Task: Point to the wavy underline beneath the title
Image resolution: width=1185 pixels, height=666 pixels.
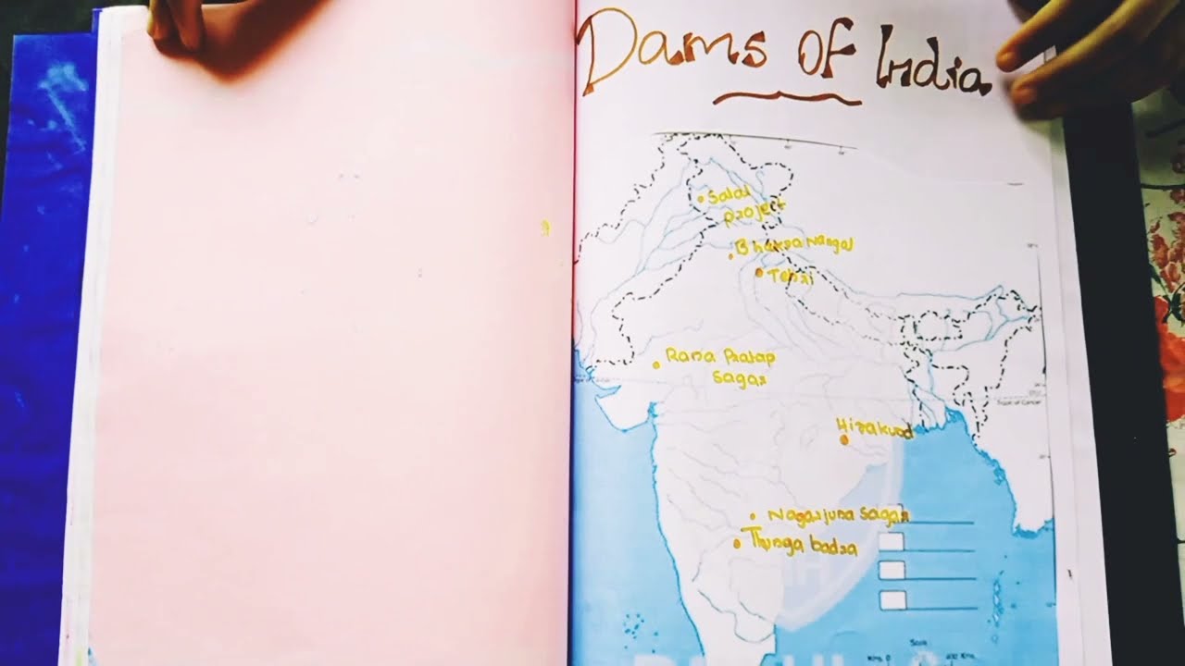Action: [774, 97]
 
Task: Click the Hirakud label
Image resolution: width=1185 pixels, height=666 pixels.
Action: [874, 428]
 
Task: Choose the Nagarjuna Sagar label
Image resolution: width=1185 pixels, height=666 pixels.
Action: [838, 514]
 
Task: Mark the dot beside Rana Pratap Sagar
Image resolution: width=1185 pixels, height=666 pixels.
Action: [656, 365]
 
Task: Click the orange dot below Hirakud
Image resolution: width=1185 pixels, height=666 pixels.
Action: [844, 440]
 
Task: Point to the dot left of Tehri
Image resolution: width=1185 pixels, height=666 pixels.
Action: [759, 273]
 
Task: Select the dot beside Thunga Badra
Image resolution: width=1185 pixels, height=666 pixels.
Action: [737, 544]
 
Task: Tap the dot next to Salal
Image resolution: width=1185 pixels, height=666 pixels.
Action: [701, 198]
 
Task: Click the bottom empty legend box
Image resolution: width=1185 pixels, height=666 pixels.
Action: [892, 599]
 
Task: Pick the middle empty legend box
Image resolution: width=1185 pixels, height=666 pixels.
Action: [892, 570]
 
